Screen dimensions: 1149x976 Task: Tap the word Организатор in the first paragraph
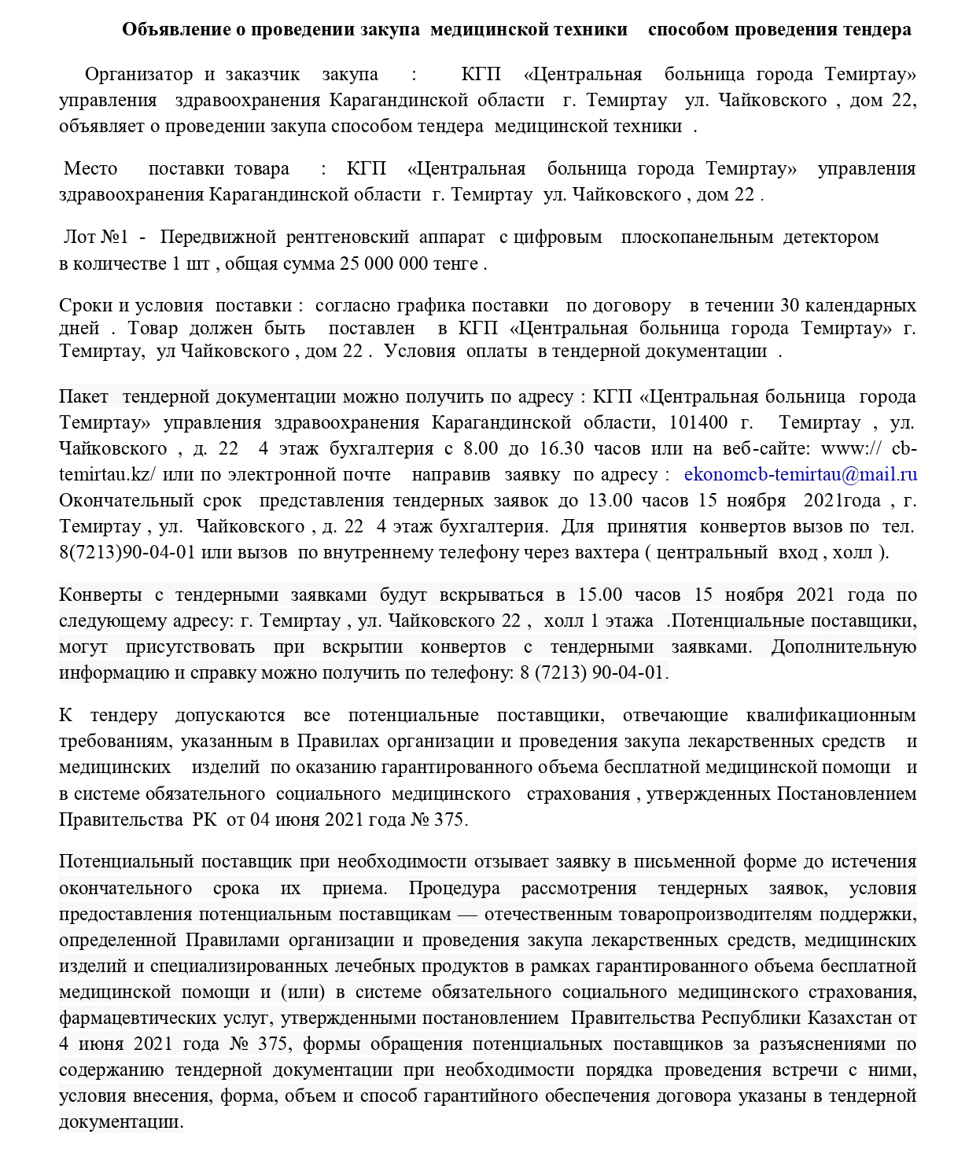click(x=138, y=75)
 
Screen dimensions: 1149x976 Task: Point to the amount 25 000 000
click(x=383, y=263)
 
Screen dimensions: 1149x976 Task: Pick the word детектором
click(x=831, y=238)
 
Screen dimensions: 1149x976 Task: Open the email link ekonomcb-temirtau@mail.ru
click(x=801, y=475)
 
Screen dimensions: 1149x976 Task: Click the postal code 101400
click(x=698, y=423)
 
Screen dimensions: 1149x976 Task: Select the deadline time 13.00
click(x=610, y=501)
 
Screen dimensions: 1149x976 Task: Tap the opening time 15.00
click(x=600, y=595)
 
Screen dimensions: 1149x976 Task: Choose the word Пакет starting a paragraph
click(x=83, y=397)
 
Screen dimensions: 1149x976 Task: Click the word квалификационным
click(x=831, y=716)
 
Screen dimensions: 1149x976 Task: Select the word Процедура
click(x=455, y=889)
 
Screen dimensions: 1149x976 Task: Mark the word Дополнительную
click(x=843, y=647)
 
